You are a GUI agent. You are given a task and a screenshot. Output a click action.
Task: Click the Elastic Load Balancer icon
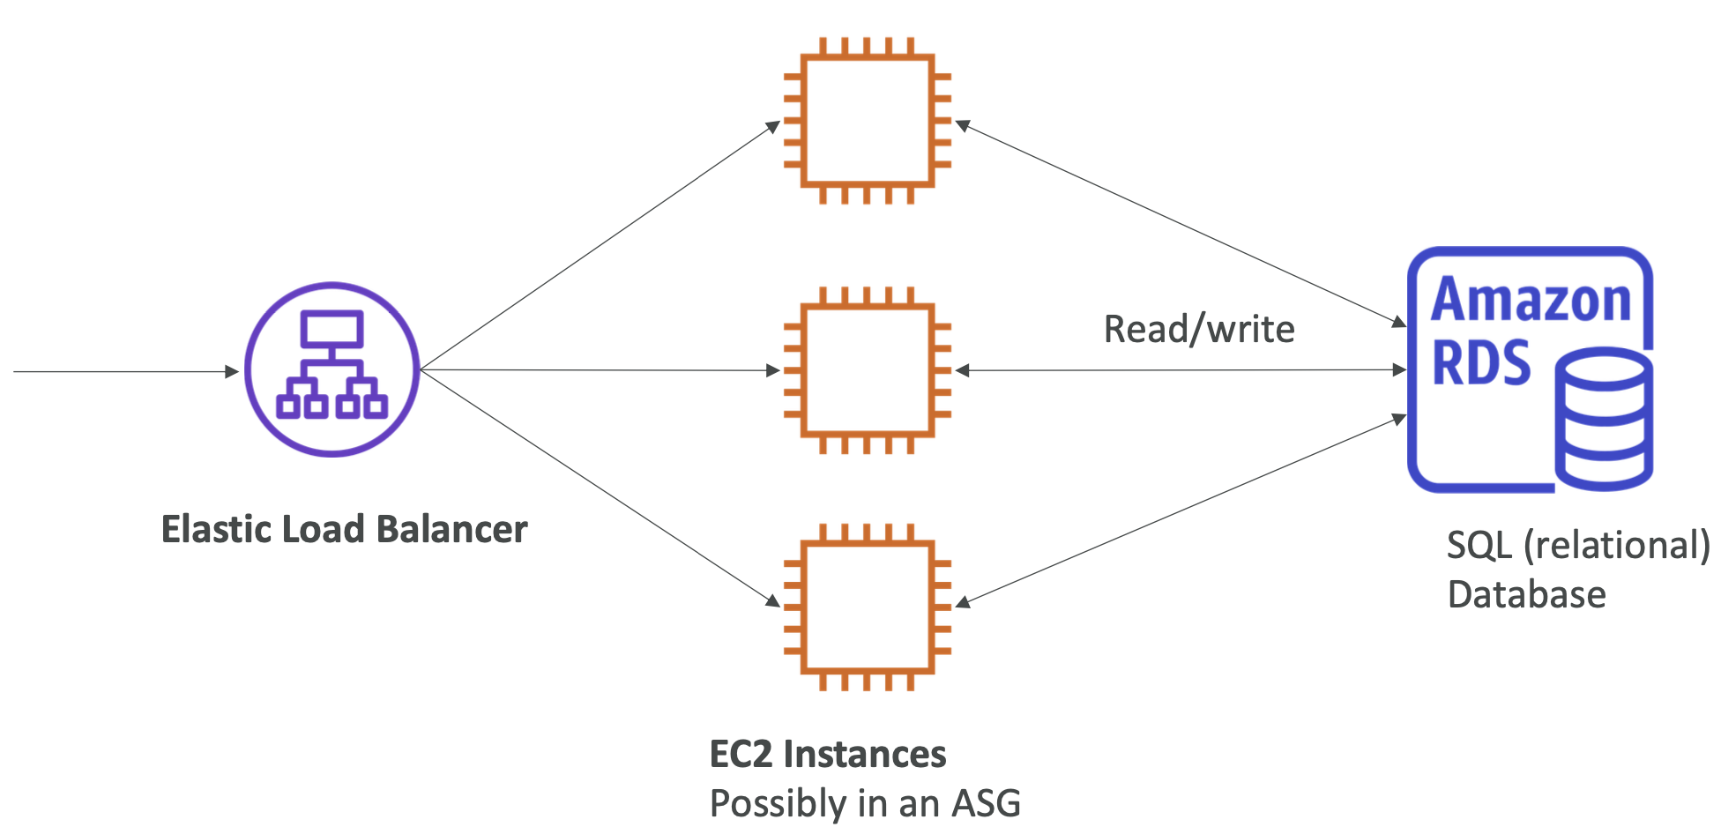click(332, 369)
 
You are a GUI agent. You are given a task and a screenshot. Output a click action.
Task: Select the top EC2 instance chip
click(868, 121)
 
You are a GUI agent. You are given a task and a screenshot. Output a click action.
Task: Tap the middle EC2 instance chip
click(868, 370)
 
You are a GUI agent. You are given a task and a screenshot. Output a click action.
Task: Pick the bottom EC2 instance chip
click(868, 607)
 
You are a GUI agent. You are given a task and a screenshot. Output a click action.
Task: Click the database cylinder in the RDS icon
click(1604, 420)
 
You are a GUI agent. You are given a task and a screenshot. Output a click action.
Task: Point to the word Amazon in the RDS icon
click(1531, 301)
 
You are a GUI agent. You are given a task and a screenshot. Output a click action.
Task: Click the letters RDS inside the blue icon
click(1481, 362)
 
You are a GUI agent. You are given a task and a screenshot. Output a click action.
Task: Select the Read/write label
click(1199, 330)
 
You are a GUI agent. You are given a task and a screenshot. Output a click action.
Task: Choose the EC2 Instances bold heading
click(827, 755)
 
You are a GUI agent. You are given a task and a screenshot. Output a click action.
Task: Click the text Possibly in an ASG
click(865, 803)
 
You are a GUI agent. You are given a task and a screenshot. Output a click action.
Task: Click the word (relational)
click(1617, 546)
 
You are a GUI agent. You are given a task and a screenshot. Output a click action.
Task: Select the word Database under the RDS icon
click(1526, 594)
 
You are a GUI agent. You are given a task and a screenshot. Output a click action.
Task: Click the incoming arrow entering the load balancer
click(123, 371)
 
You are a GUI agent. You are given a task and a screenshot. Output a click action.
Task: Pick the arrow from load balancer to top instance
click(600, 247)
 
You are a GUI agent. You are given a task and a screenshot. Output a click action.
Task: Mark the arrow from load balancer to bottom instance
click(600, 488)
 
